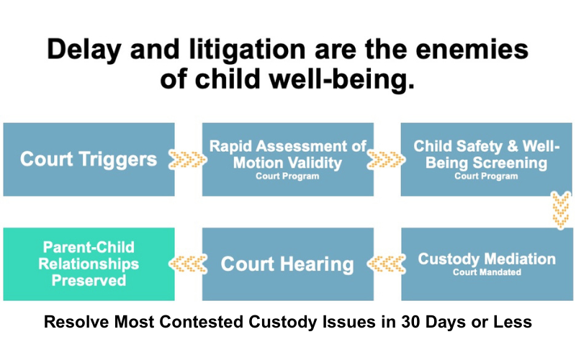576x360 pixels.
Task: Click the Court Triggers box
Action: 89,159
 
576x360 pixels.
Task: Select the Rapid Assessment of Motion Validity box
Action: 287,159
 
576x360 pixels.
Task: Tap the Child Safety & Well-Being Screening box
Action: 487,159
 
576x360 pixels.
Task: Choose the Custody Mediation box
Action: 487,264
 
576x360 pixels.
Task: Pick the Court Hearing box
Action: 287,264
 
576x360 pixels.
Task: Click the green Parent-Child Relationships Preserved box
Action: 89,264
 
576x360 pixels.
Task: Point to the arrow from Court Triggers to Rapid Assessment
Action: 187,159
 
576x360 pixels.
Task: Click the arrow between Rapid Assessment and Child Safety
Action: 386,159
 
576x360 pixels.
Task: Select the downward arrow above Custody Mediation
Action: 561,210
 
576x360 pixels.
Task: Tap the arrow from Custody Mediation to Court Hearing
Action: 387,264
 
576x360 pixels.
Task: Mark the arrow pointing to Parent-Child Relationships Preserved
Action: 188,264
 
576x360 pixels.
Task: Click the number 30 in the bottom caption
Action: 410,322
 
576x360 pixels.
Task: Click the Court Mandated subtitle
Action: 487,272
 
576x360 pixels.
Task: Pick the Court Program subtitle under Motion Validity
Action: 287,176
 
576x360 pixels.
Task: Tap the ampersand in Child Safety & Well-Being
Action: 513,146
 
